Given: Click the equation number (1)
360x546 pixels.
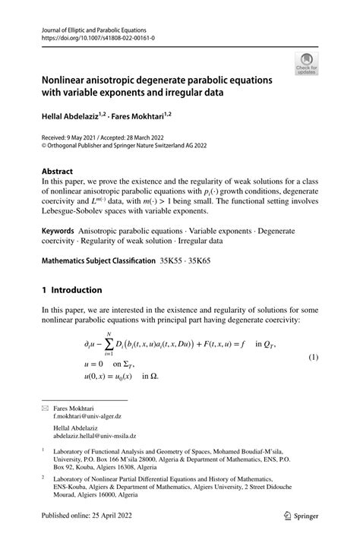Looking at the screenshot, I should [x=312, y=356].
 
